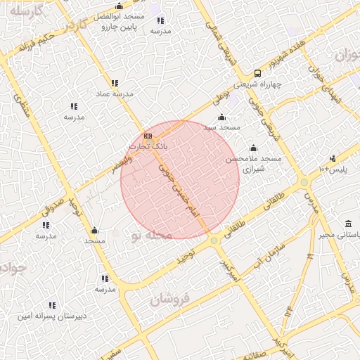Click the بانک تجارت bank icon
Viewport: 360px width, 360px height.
click(x=147, y=136)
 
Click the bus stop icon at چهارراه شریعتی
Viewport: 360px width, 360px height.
click(x=257, y=73)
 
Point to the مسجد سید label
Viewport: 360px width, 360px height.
click(x=222, y=127)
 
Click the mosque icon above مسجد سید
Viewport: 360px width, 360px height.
click(x=222, y=117)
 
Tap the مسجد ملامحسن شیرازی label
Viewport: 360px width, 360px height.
click(x=252, y=164)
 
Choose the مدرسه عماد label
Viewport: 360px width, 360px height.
click(x=115, y=94)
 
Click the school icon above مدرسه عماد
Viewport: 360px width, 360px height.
click(x=115, y=83)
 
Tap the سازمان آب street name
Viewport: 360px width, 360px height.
click(x=265, y=255)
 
